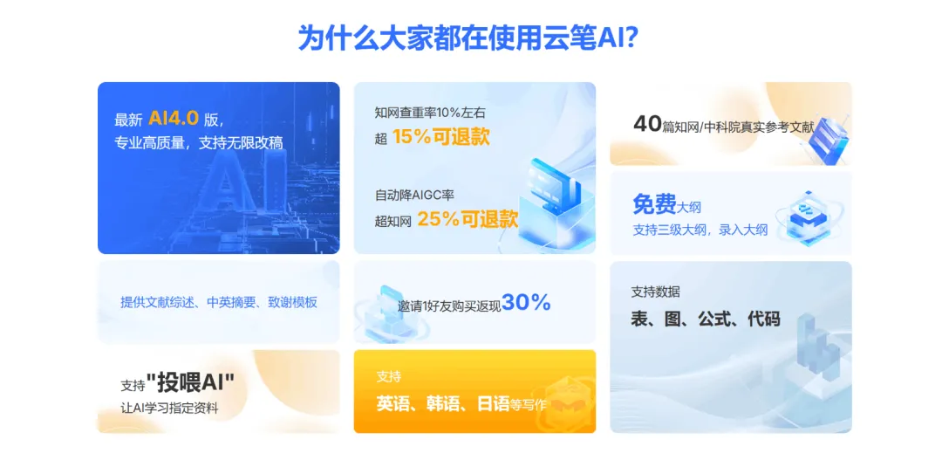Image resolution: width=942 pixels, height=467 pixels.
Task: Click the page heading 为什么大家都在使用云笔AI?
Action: (468, 38)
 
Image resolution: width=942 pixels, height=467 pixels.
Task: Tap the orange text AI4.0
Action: (174, 119)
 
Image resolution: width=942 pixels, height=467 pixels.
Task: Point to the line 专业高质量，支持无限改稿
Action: (198, 143)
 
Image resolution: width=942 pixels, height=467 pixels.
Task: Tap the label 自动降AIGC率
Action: (414, 195)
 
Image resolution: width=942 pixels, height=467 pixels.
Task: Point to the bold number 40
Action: (647, 124)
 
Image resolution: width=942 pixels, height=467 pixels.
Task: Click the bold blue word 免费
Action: (654, 204)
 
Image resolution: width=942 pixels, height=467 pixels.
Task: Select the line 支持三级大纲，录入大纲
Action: (700, 230)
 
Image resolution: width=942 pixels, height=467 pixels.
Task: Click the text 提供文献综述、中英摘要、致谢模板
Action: (219, 302)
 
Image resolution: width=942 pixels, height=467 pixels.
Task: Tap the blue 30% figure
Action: (526, 302)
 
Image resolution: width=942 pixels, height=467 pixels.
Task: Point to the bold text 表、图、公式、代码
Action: (706, 319)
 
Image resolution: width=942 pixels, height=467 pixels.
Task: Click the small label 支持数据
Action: (655, 292)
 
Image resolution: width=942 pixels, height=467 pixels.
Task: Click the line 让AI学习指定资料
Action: (169, 409)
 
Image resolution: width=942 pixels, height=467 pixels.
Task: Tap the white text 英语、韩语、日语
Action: (443, 403)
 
